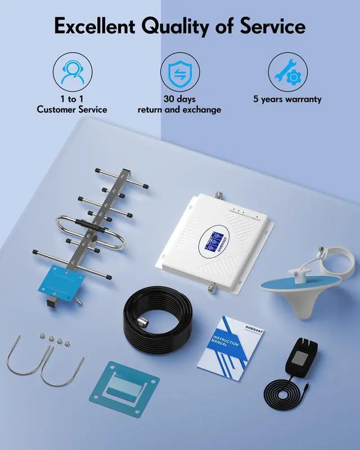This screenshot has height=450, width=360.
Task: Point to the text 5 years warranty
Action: [x=287, y=99]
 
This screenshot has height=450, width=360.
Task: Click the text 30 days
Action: [x=179, y=99]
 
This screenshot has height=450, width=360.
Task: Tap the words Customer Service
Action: [x=72, y=110]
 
